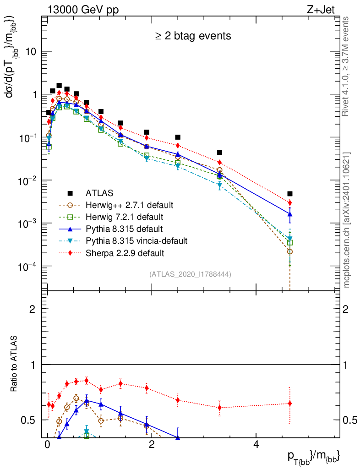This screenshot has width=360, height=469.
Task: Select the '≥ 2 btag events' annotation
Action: [192, 36]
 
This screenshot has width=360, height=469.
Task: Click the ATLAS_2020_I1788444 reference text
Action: [190, 274]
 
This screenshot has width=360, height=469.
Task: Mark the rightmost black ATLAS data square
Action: [290, 194]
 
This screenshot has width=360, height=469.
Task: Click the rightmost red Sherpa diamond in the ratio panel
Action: [290, 404]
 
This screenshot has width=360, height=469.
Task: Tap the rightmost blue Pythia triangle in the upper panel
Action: [290, 214]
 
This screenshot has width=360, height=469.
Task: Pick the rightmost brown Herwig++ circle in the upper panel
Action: [290, 251]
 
